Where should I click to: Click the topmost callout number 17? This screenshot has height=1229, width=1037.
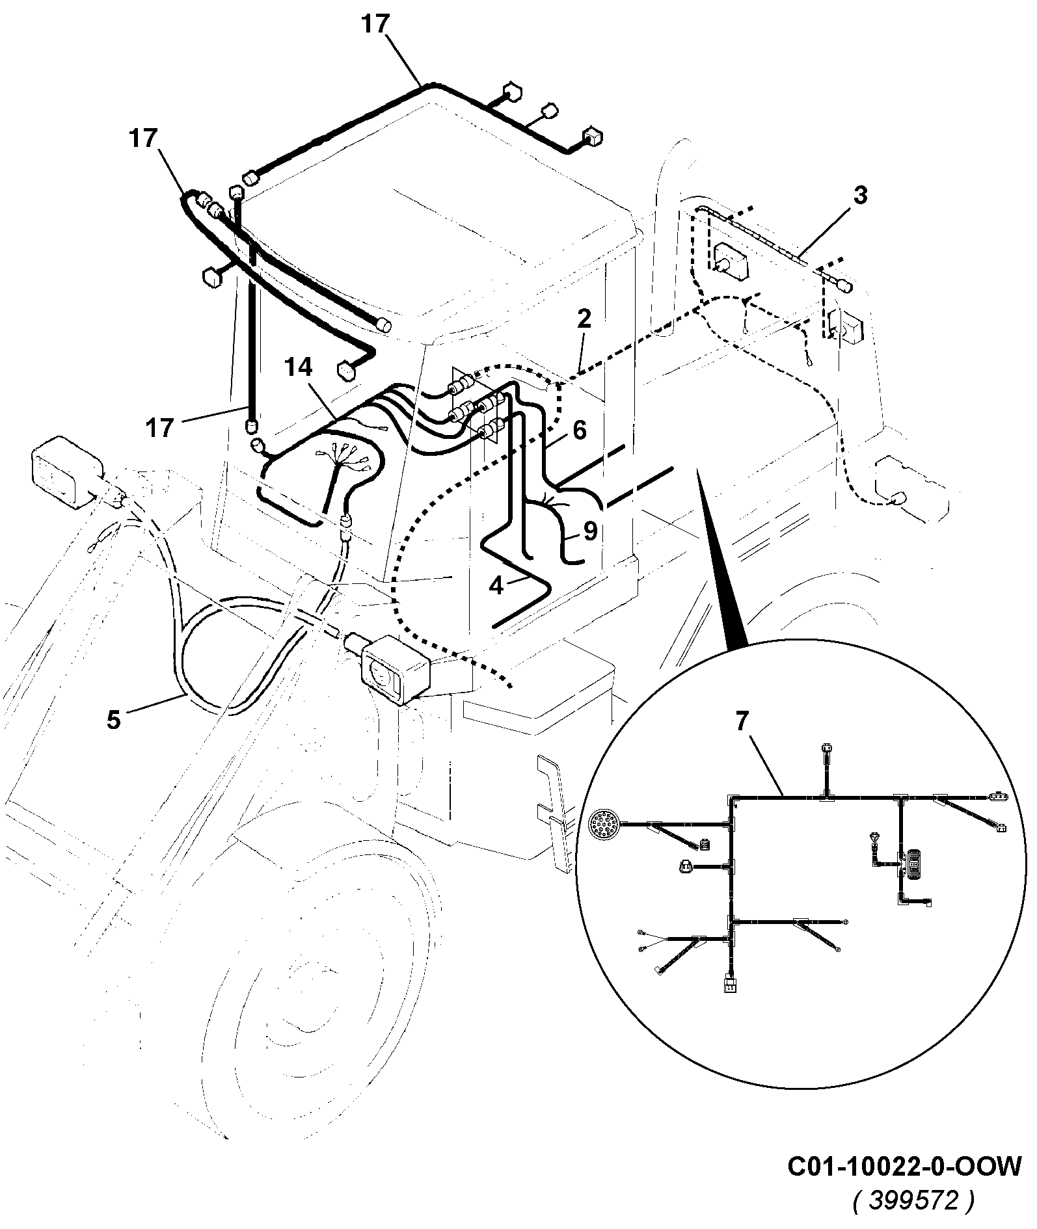click(x=375, y=24)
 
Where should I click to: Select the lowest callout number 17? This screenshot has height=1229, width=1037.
click(x=160, y=427)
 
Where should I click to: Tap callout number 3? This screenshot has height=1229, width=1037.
click(x=860, y=195)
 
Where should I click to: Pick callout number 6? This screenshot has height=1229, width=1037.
click(x=579, y=429)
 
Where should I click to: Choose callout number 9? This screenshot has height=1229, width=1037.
click(x=590, y=531)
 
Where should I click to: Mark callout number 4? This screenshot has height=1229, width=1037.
click(x=496, y=586)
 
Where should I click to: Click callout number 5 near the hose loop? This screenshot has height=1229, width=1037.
click(x=114, y=720)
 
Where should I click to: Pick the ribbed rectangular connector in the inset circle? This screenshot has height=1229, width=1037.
click(x=915, y=864)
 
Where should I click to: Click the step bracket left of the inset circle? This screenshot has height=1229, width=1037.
click(x=554, y=810)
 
